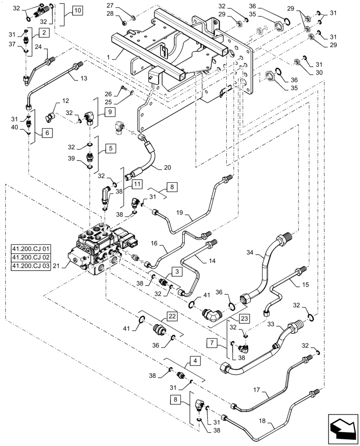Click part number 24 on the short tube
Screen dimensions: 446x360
click(x=39, y=46)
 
